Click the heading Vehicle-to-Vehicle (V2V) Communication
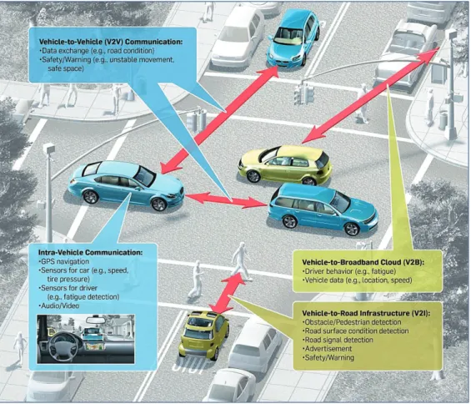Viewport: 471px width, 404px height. coord(111,42)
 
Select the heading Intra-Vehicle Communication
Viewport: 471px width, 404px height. coord(90,252)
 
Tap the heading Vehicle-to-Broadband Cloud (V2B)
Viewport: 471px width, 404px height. coord(363,262)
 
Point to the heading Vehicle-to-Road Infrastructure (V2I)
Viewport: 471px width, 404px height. coord(366,313)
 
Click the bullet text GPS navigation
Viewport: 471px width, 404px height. coord(64,261)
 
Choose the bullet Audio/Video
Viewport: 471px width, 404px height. coord(59,306)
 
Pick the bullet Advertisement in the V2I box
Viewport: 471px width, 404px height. coord(328,349)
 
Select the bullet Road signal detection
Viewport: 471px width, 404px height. coord(338,340)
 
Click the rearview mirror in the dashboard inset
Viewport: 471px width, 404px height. coord(96,320)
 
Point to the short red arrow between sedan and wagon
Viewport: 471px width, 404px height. coord(226,199)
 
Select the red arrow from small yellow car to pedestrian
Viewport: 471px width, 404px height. coord(227,292)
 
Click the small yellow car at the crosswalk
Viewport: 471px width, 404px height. coord(203,335)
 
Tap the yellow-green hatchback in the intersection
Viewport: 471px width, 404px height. coord(285,164)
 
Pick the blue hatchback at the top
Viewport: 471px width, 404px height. coord(293,38)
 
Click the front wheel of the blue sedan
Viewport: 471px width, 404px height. coord(158,205)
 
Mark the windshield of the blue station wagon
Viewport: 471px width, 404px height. coord(340,202)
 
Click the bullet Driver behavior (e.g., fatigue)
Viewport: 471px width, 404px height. coord(349,271)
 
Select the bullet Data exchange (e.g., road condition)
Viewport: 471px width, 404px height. coord(97,51)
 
